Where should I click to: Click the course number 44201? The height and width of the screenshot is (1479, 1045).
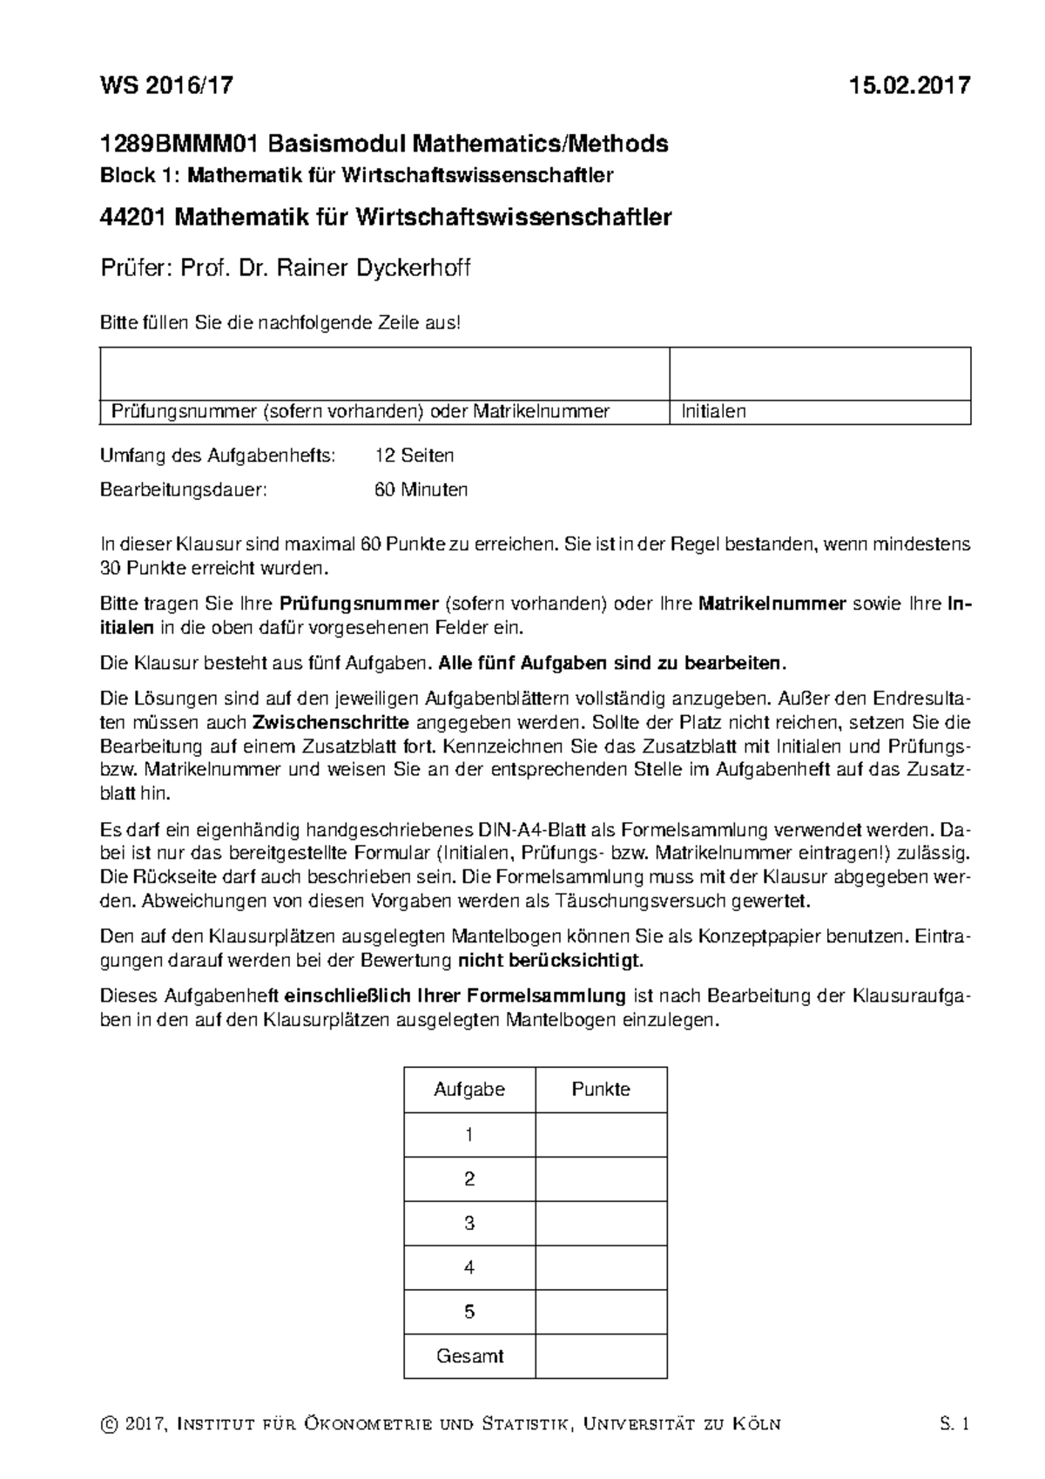(x=134, y=217)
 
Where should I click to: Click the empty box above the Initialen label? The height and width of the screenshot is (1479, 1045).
(x=819, y=374)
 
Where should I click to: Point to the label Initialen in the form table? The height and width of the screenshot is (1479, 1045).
(x=713, y=412)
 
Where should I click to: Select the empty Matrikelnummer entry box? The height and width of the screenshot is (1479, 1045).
(x=384, y=374)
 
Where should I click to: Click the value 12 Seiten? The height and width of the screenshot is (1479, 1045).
(x=414, y=456)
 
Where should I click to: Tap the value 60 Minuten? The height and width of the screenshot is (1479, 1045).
(x=421, y=490)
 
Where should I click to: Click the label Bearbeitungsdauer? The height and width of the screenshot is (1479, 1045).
(x=184, y=490)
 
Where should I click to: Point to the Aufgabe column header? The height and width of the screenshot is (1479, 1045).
(x=469, y=1090)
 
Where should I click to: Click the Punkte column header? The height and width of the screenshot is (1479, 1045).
(x=601, y=1090)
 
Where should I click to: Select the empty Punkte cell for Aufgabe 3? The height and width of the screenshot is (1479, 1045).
(x=601, y=1223)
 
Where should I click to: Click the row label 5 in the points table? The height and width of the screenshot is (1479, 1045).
(x=469, y=1312)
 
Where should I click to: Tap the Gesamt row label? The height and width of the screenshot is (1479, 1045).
(x=469, y=1356)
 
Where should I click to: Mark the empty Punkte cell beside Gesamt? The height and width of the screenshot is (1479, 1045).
(x=601, y=1356)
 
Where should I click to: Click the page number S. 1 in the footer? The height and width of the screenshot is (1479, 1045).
(x=954, y=1425)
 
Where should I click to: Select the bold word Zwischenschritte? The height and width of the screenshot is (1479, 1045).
(x=331, y=722)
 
